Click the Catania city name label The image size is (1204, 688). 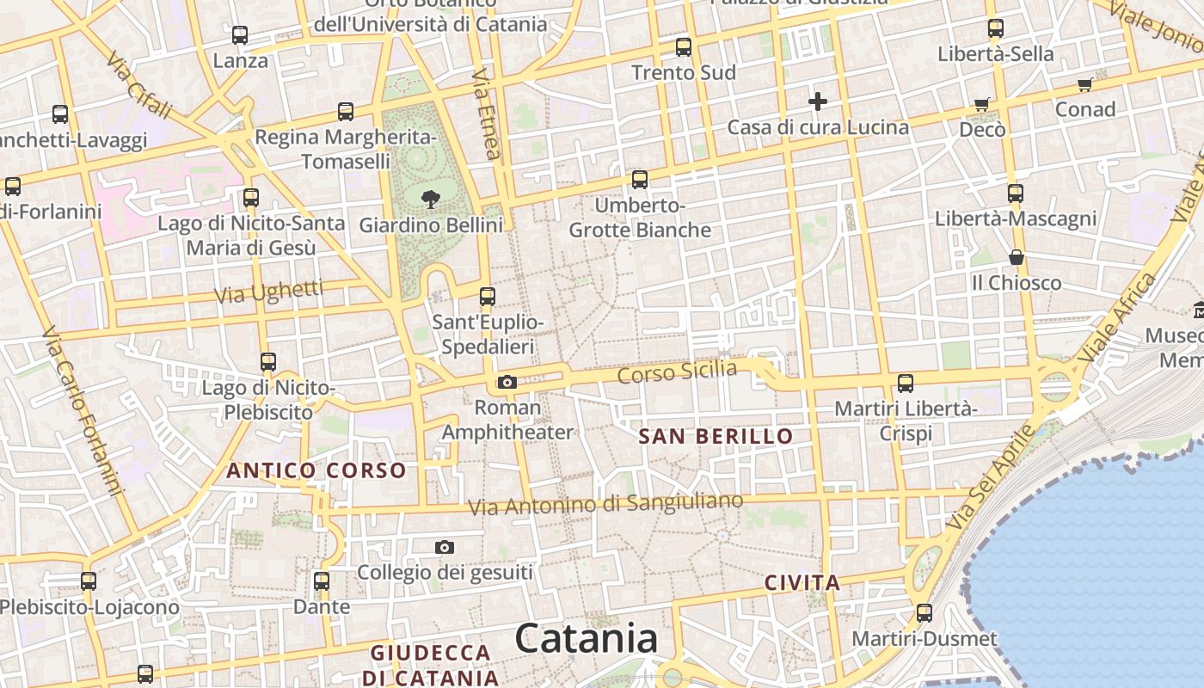tap(587, 639)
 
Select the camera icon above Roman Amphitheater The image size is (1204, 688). tap(507, 382)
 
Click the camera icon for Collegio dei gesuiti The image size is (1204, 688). tap(445, 547)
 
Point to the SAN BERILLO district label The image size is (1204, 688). tap(716, 437)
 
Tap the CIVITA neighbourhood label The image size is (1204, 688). tap(802, 583)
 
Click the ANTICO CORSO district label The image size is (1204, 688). tap(316, 470)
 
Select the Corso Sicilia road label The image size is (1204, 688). tap(678, 372)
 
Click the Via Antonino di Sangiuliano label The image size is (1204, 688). tap(605, 504)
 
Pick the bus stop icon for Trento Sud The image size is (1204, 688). tap(684, 47)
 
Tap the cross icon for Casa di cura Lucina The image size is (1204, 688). tap(817, 102)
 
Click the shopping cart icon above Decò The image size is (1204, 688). tap(982, 105)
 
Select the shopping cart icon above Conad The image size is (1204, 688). tap(1085, 84)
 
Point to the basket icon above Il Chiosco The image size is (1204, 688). tap(1017, 257)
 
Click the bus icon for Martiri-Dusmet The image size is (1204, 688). tap(924, 613)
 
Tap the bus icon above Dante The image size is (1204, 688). tap(322, 581)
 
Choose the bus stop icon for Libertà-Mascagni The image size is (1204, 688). tap(1016, 193)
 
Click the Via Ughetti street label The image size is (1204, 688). tap(268, 292)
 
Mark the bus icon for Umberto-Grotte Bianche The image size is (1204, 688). tap(640, 180)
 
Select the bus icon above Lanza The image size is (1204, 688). tap(240, 35)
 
